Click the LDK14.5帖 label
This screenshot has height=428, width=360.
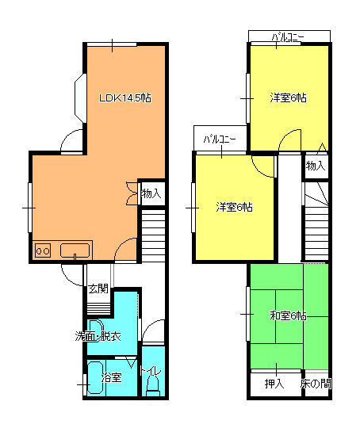(x=124, y=97)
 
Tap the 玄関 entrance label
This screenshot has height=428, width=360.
(x=98, y=289)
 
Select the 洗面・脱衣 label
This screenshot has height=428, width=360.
(x=98, y=336)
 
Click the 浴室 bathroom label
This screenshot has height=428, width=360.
(x=112, y=377)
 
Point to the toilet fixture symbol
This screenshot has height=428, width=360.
(x=153, y=386)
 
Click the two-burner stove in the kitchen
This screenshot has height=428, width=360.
(x=43, y=250)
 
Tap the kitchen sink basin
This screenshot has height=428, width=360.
(x=75, y=250)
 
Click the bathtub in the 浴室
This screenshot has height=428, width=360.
(x=95, y=377)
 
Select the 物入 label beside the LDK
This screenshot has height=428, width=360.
(x=151, y=193)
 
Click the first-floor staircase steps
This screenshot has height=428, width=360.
(x=153, y=236)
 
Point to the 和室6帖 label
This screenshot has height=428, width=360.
(x=288, y=315)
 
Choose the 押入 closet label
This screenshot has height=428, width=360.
(x=274, y=384)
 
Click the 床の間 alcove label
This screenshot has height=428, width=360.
(x=316, y=384)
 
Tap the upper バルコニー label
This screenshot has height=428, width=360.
(x=288, y=36)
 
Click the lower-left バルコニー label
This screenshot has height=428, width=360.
(x=220, y=139)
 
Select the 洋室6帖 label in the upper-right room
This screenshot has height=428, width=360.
(x=288, y=97)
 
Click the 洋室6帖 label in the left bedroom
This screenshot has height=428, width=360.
(x=235, y=207)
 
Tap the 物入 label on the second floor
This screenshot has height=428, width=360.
(x=316, y=166)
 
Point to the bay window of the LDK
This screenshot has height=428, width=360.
(x=80, y=98)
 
